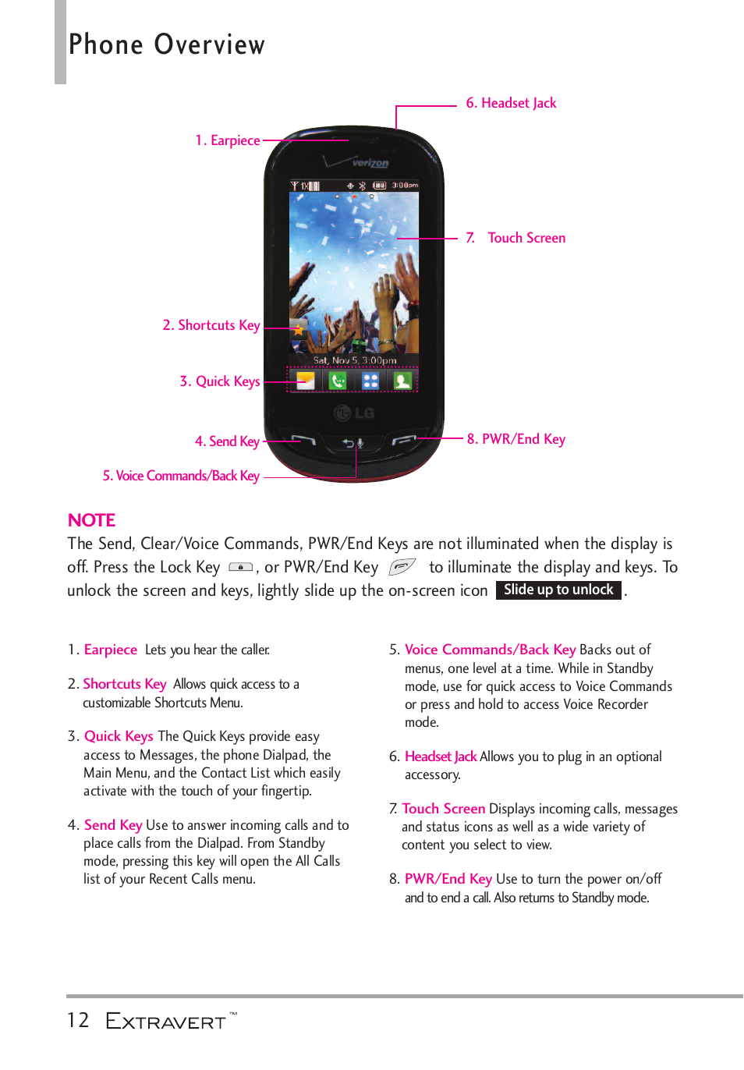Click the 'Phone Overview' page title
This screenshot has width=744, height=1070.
tap(167, 45)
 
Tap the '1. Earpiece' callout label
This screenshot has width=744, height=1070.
tap(227, 140)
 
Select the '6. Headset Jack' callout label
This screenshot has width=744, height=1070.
tap(511, 103)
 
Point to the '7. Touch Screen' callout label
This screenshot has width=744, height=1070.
tap(516, 238)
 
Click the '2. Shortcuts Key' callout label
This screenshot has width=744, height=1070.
tap(211, 325)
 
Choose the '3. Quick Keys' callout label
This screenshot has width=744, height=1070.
tap(219, 381)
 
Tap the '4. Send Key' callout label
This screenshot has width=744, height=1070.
tap(227, 441)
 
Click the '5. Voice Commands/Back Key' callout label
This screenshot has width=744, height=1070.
tap(181, 476)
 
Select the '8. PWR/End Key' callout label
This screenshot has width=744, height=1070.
tap(515, 439)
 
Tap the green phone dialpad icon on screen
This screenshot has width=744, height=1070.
tap(338, 381)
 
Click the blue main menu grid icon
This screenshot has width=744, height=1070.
tap(370, 381)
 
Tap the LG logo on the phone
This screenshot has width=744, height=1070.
tap(355, 413)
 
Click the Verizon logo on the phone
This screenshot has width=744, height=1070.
tap(370, 163)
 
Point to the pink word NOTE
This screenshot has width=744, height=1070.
tap(91, 520)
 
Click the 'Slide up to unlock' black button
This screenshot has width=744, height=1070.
tap(558, 590)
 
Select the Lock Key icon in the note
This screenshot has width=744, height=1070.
tap(240, 567)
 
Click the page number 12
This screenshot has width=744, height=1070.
tap(78, 1020)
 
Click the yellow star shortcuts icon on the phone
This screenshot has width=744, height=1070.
tap(299, 330)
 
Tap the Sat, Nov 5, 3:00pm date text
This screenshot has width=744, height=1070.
tap(355, 360)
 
